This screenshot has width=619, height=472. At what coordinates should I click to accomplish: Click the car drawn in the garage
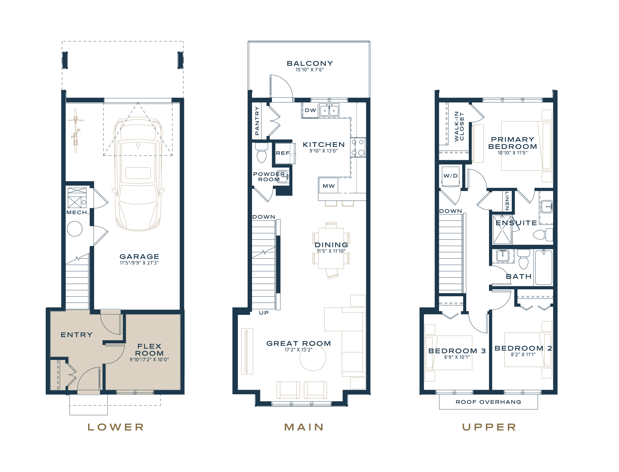point(138,174)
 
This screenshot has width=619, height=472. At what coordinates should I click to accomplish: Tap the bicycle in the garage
point(75,131)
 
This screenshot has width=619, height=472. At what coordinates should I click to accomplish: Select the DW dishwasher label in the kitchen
point(310,110)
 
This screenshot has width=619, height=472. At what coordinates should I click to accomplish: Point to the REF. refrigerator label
point(284,153)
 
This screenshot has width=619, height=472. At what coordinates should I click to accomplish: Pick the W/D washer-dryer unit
point(450,176)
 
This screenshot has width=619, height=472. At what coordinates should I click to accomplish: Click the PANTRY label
point(257,121)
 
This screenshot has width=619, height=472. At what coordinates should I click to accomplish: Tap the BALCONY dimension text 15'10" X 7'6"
point(310,70)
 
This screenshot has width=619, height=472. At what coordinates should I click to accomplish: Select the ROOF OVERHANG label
point(488,402)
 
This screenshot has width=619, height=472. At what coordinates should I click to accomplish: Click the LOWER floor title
point(116,427)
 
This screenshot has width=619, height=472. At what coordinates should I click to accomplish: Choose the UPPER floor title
point(489,427)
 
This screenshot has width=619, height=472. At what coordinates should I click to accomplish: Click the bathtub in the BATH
point(544,267)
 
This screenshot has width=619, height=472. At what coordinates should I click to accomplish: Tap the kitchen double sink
point(329,110)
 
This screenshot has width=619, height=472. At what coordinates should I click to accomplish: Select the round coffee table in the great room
point(313,358)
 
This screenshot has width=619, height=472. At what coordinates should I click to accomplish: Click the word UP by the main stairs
point(264,313)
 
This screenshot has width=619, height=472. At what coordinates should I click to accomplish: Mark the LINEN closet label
point(507,201)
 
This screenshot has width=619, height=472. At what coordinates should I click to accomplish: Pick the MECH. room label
point(78,212)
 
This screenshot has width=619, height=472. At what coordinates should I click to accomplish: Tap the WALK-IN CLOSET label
point(459,126)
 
